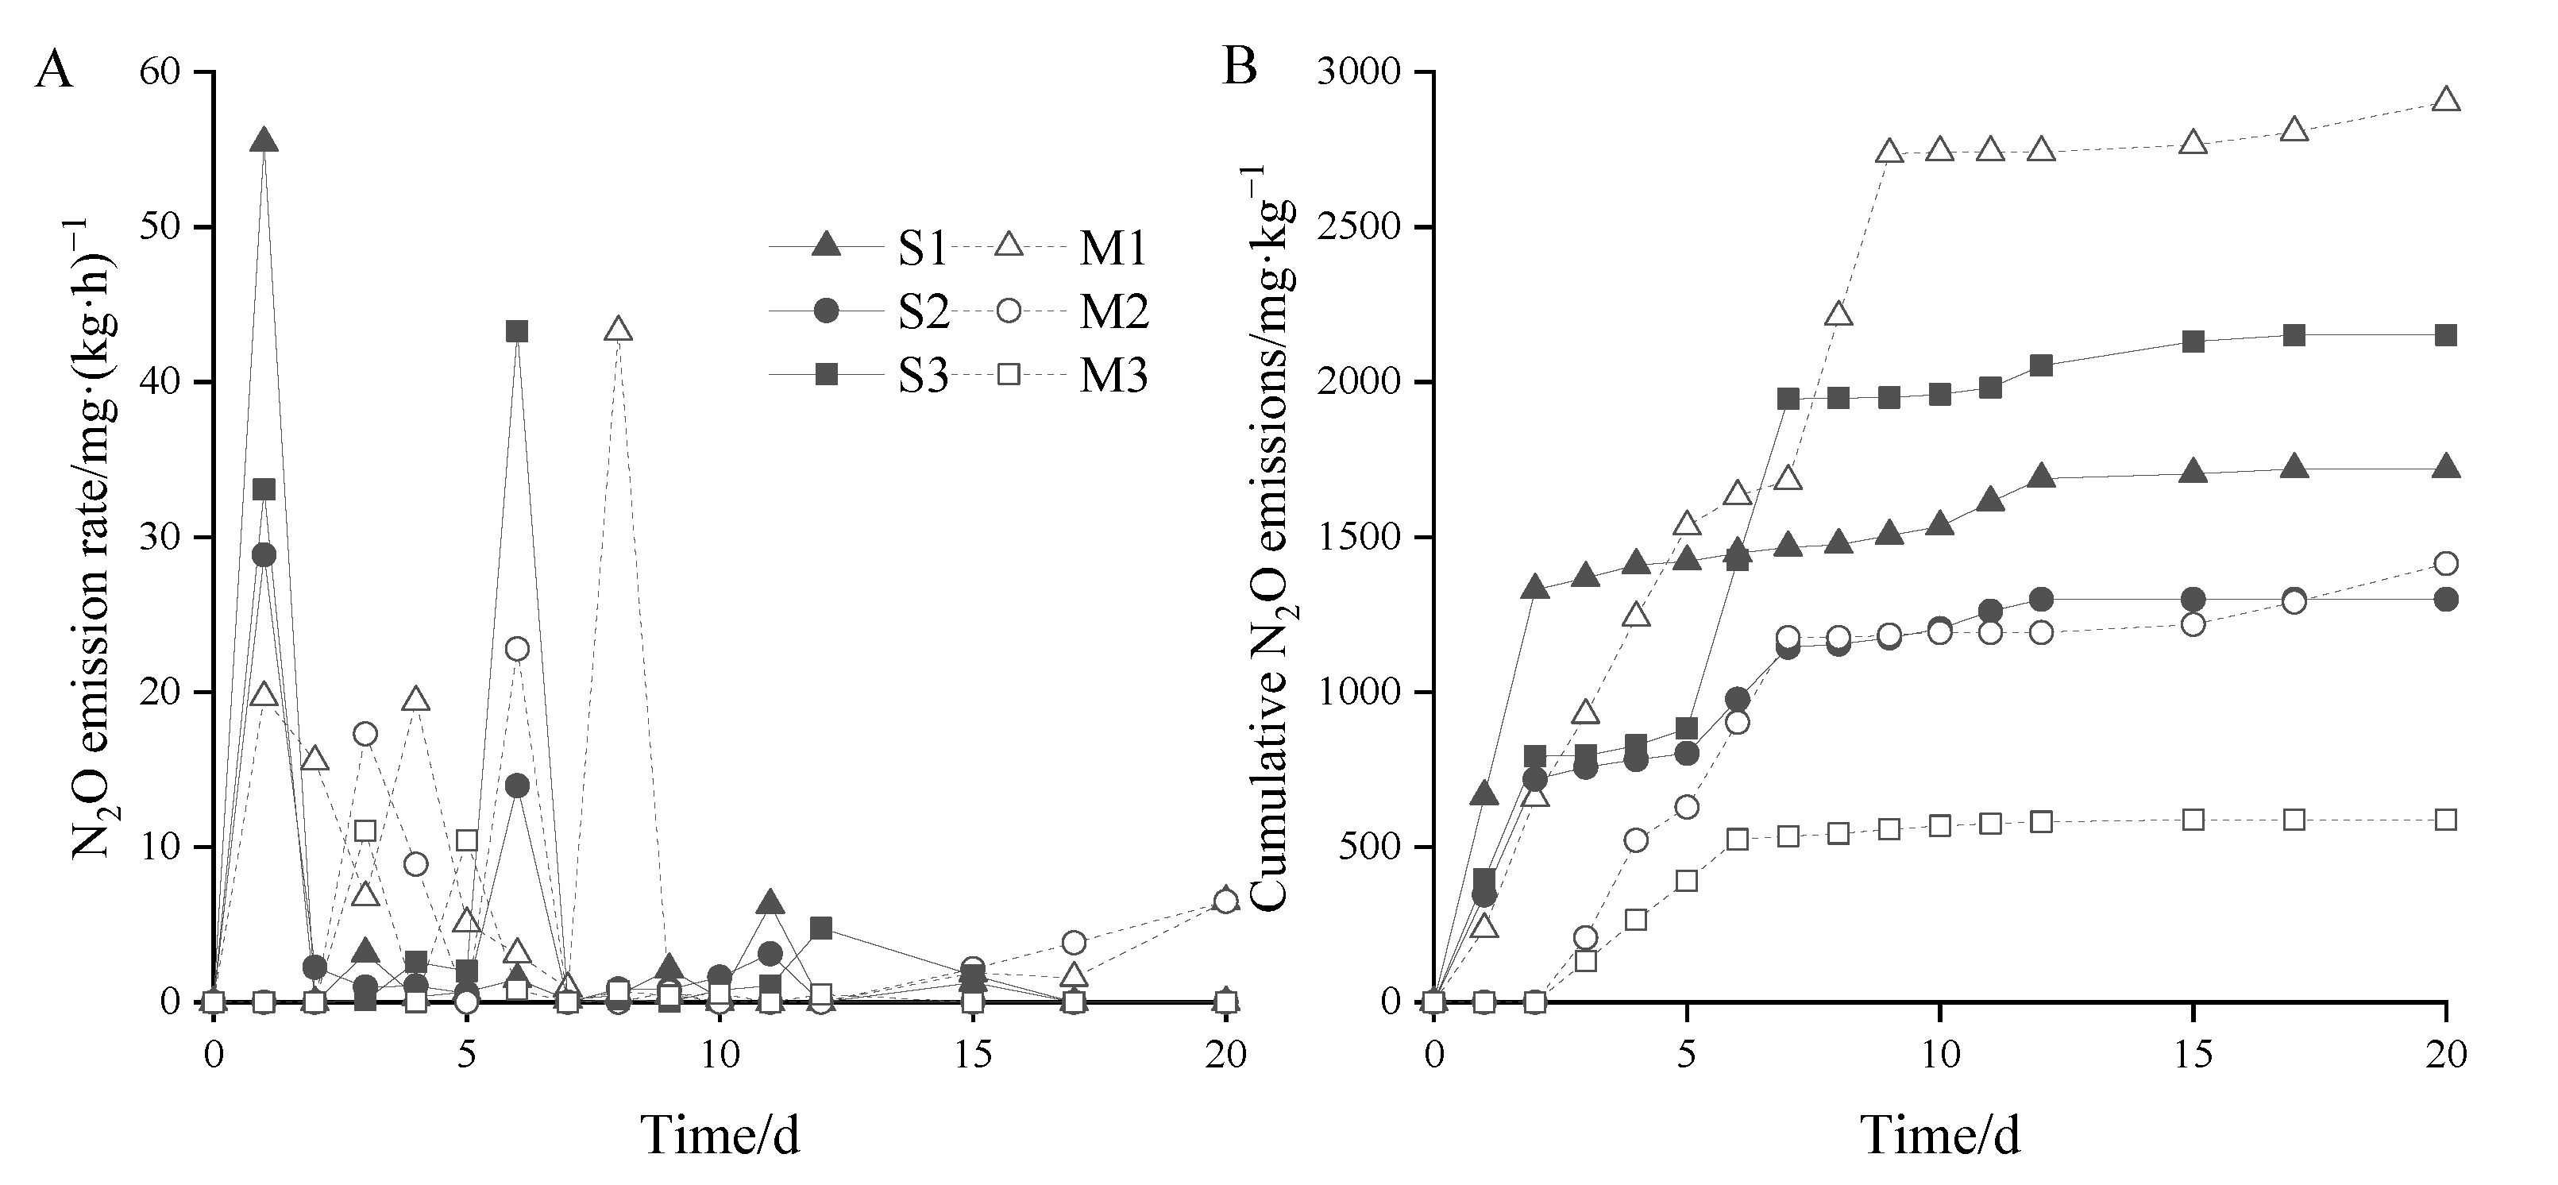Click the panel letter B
pyautogui.click(x=1239, y=68)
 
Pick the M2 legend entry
pyautogui.click(x=1114, y=313)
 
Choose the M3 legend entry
pyautogui.click(x=1114, y=377)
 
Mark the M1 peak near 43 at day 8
pyautogui.click(x=619, y=329)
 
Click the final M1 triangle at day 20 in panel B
pyautogui.click(x=2447, y=99)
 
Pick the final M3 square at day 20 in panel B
pyautogui.click(x=2447, y=820)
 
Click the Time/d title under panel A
pyautogui.click(x=720, y=1134)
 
